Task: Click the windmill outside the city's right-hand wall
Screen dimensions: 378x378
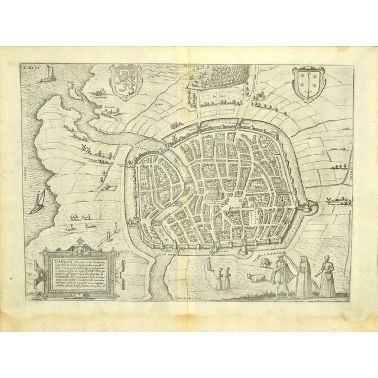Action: tap(324, 201)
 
